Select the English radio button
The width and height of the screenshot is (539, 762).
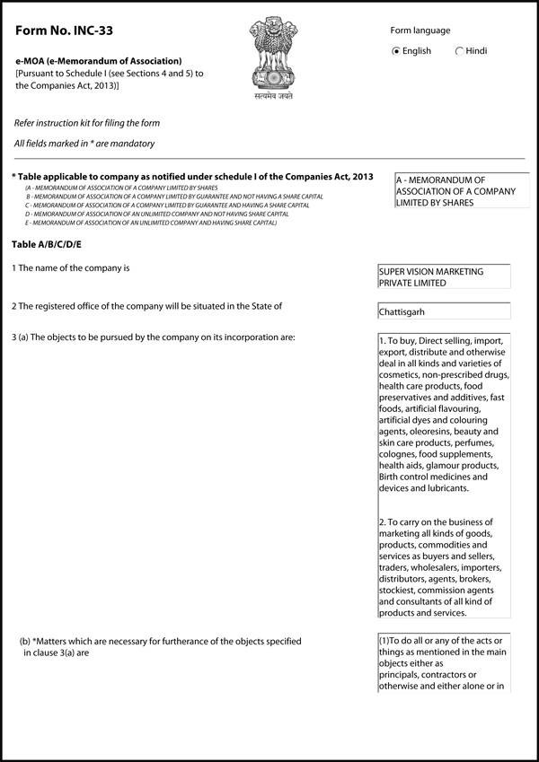(x=397, y=51)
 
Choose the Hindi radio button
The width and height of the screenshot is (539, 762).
(x=460, y=51)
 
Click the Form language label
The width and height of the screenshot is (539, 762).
(x=420, y=31)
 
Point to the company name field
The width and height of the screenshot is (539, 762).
(x=445, y=276)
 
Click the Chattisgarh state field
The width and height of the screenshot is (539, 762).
(x=445, y=311)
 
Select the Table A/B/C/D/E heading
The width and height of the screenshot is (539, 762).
(x=47, y=244)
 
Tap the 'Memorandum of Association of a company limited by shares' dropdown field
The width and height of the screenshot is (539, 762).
(x=462, y=191)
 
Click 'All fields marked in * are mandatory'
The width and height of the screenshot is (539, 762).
(x=84, y=144)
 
